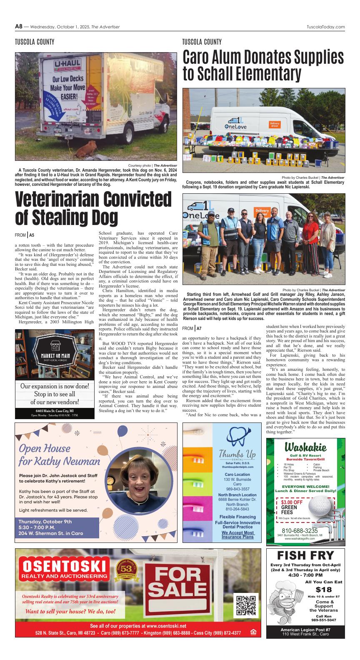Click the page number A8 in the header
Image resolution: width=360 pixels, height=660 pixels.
pos(18,27)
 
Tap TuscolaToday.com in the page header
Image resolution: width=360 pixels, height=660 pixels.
pos(325,27)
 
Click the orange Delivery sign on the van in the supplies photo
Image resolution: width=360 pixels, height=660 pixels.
pos(275,125)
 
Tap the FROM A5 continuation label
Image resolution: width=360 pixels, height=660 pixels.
pos(25,235)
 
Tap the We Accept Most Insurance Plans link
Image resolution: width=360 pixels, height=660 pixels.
pos(237,535)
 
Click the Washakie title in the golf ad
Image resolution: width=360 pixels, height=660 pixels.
pos(305,447)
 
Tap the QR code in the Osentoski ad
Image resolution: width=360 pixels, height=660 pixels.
pos(245,605)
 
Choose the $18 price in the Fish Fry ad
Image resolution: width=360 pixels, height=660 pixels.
pos(323,590)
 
